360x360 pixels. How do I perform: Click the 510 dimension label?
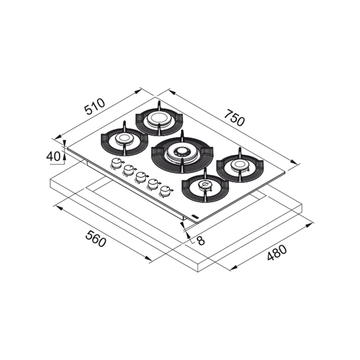pos(95,107)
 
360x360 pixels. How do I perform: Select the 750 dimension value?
pos(234,118)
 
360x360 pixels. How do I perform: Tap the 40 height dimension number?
pos(53,156)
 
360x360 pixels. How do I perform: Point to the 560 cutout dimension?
pos(96,239)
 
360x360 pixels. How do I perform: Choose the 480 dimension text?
pos(277,253)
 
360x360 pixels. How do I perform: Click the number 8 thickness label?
pos(201,240)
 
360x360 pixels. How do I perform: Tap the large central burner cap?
pos(182,152)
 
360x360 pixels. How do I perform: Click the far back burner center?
pos(158,119)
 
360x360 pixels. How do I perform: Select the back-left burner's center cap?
pos(124,138)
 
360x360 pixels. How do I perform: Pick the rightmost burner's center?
pos(240,165)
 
